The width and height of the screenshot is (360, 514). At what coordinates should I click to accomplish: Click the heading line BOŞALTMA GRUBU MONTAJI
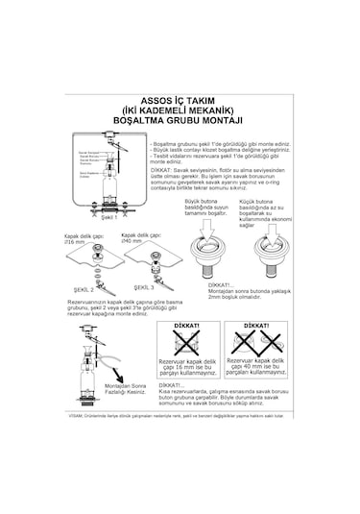pyautogui.click(x=180, y=122)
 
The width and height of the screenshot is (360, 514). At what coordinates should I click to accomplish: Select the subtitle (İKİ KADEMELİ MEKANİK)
pyautogui.click(x=180, y=110)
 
